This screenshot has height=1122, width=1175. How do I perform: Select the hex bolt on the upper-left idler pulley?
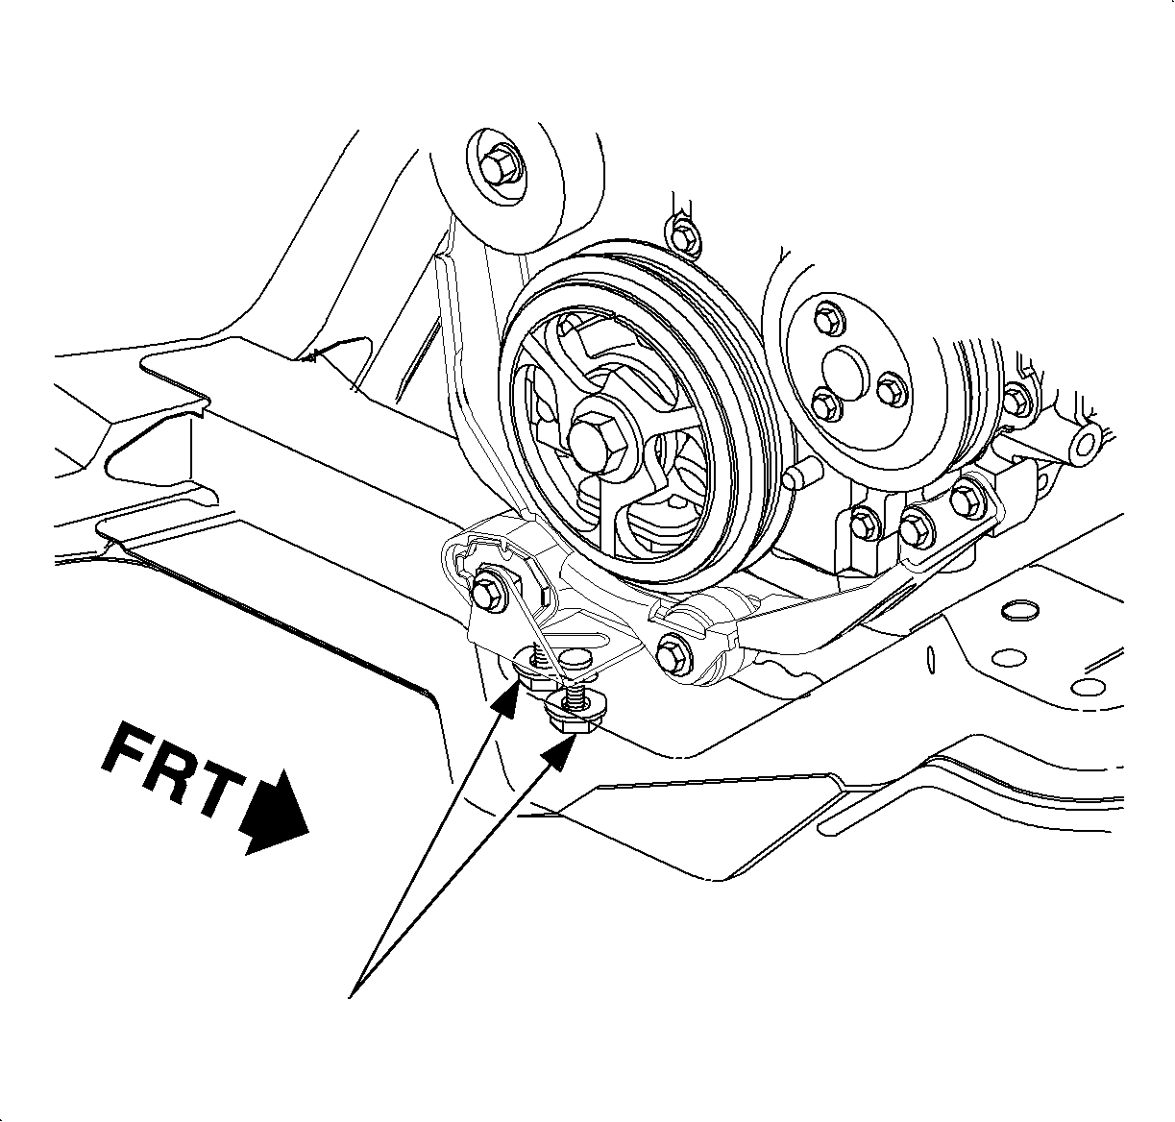[x=497, y=168]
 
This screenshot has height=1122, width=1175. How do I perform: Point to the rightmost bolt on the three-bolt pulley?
[x=889, y=388]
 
